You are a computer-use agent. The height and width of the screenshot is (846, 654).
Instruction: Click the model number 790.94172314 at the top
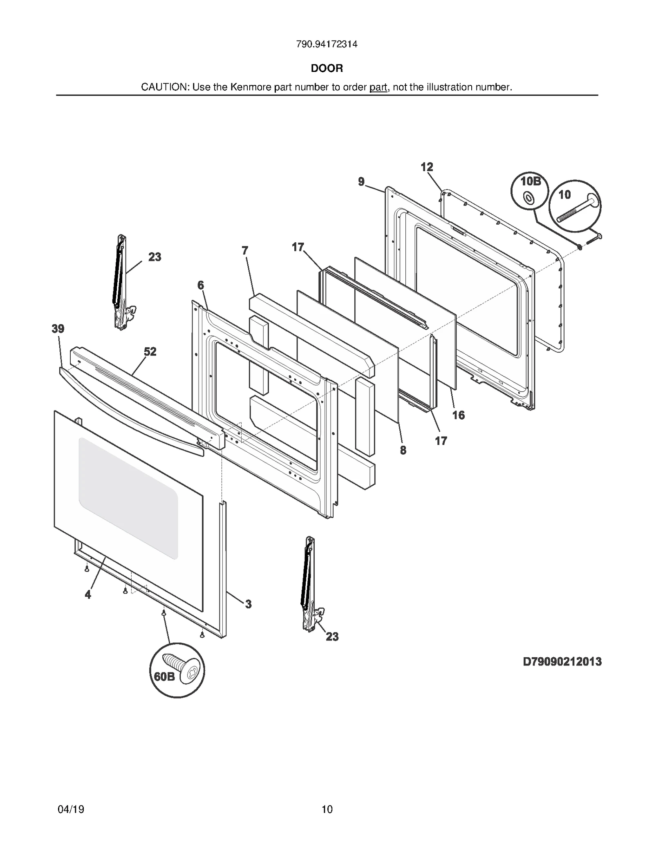click(327, 44)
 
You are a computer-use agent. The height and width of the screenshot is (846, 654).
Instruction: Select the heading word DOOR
click(327, 68)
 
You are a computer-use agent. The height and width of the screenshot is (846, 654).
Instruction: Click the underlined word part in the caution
click(378, 87)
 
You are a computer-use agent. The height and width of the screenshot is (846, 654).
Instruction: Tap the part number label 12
click(427, 167)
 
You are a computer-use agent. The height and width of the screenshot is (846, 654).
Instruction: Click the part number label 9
click(361, 182)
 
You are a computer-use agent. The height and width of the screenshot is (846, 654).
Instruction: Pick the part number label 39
click(58, 329)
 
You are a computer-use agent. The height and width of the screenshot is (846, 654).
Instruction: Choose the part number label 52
click(150, 352)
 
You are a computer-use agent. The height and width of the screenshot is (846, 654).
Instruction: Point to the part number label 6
click(201, 285)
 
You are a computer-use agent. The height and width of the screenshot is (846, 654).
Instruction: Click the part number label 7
click(245, 250)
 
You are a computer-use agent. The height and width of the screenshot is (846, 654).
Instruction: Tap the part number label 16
click(459, 415)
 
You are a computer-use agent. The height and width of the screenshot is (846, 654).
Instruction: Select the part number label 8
click(403, 450)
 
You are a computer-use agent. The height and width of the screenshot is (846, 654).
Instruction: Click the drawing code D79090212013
click(562, 661)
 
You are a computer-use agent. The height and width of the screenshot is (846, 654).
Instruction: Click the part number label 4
click(88, 595)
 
